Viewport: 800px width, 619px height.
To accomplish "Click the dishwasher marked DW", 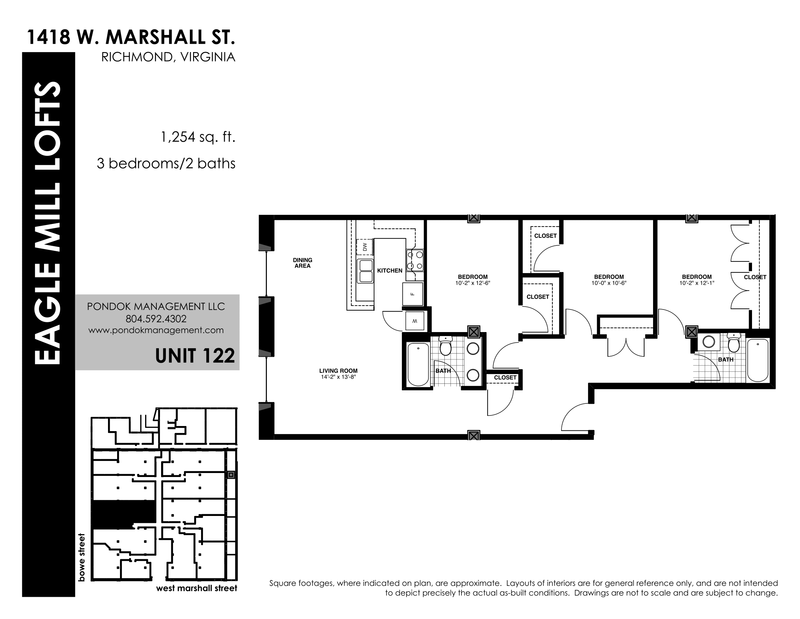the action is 364,247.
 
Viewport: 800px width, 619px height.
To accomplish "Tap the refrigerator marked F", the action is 413,294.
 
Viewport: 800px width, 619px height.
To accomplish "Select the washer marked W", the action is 415,321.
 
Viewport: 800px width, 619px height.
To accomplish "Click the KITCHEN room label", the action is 390,271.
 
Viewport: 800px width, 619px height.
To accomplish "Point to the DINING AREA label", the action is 303,263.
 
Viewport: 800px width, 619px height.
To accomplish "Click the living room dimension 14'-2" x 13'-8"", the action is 338,376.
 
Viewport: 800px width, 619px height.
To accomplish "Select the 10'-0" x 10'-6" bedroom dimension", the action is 609,283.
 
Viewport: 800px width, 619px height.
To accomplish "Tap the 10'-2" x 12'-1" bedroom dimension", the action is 697,283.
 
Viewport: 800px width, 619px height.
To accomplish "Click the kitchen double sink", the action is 365,271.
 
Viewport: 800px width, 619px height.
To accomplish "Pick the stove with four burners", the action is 415,260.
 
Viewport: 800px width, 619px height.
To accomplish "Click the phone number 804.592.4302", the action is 156,319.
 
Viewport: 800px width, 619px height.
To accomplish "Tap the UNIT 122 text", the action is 195,356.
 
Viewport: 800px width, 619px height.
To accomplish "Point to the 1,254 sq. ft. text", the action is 198,137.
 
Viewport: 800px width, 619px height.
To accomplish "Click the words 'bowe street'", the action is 81,557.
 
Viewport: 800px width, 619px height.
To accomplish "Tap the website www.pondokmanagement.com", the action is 156,330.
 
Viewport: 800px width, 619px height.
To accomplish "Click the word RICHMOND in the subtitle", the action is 132,57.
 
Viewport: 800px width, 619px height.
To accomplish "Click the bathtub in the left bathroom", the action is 418,364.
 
